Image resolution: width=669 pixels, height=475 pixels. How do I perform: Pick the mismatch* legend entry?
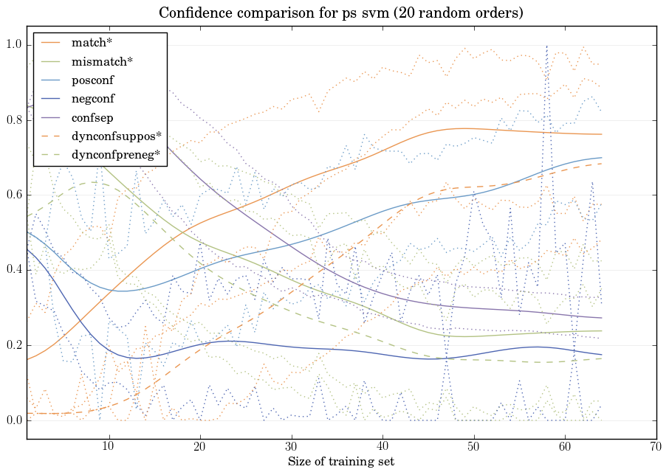102,61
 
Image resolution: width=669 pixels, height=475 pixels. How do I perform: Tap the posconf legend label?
92,80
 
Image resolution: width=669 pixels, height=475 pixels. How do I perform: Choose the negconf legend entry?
93,98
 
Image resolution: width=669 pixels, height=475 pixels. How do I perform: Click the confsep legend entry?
92,117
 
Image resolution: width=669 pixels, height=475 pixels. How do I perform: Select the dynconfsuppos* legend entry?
116,136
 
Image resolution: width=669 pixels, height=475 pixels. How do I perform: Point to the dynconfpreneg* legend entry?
116,155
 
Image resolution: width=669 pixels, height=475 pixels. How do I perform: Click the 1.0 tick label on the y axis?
14,45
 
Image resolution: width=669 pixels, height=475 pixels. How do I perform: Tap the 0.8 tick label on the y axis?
14,120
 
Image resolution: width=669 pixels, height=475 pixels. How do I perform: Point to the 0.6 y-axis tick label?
14,195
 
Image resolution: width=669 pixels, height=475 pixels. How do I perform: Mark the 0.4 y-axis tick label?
14,271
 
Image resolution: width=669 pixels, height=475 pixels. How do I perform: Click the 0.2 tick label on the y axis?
14,346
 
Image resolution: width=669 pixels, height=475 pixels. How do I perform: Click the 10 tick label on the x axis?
109,447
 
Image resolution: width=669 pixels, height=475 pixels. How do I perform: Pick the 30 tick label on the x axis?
291,447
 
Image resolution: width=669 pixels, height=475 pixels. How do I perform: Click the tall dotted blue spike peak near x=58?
546,46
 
